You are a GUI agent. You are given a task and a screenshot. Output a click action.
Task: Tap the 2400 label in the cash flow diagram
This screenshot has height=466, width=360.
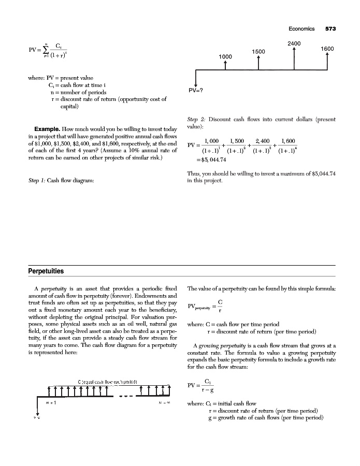pyautogui.click(x=294, y=43)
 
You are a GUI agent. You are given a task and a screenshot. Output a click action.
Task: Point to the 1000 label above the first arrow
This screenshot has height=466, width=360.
pyautogui.click(x=225, y=56)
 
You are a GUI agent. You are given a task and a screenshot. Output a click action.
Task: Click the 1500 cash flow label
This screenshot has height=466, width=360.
pyautogui.click(x=259, y=51)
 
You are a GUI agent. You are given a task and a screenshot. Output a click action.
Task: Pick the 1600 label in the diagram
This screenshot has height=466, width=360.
pyautogui.click(x=327, y=48)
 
